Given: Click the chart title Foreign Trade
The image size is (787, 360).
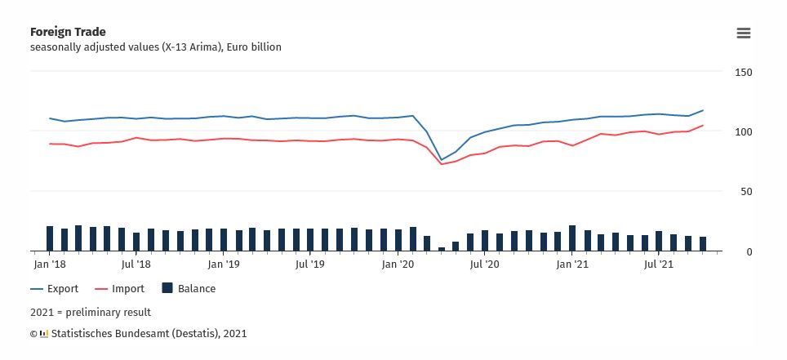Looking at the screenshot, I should click(68, 32).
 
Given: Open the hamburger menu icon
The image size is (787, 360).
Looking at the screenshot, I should click(743, 33).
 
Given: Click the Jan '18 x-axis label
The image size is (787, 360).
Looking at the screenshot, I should click(50, 264).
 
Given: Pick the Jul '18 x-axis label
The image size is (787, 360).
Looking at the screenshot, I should click(136, 264).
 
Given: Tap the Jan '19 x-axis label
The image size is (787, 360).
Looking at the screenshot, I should click(223, 264).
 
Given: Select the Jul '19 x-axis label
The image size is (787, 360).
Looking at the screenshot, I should click(309, 264).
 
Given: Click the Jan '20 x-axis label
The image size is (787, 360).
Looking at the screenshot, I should click(398, 264).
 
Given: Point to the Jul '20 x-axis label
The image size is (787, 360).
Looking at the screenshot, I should click(484, 264).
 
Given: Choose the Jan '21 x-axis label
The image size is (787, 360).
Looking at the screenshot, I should click(572, 264).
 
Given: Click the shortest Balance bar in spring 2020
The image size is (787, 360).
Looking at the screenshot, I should click(442, 248).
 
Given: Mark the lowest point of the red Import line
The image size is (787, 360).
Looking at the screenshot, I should click(442, 164).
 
